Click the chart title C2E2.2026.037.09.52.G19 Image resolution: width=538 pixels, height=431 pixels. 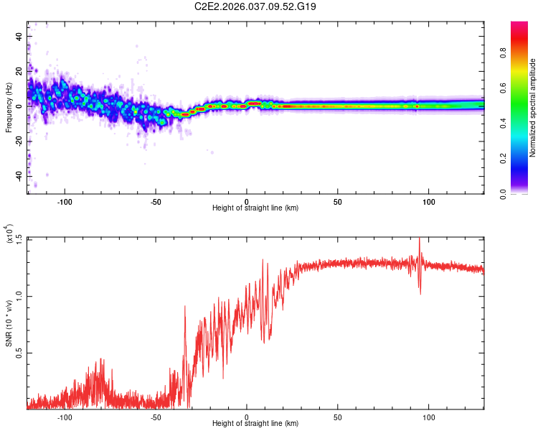(256, 6)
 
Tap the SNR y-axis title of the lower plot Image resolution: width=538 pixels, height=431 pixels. (9, 323)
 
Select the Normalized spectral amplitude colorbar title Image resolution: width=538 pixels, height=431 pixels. (532, 108)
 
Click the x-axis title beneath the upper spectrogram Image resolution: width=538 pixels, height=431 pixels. (255, 208)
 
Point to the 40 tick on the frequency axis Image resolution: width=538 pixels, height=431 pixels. (19, 36)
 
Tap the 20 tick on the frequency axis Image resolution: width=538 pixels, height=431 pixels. (19, 71)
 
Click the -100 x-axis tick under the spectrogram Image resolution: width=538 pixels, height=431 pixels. (65, 200)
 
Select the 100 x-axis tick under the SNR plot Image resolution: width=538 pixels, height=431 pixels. (429, 416)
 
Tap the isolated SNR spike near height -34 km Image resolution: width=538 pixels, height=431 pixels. (185, 307)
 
